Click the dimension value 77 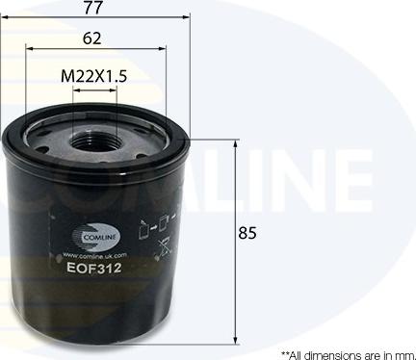pyautogui.click(x=93, y=10)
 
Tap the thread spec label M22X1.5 pyautogui.click(x=94, y=75)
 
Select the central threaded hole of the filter pyautogui.click(x=95, y=142)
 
